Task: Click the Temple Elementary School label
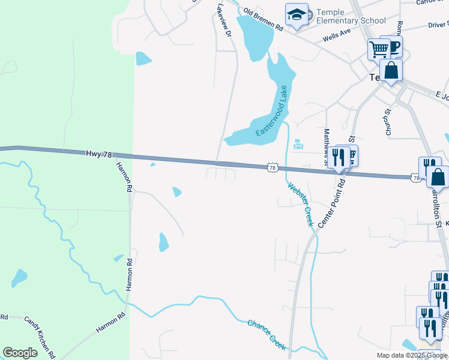click(x=351, y=16)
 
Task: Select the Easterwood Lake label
click(x=273, y=110)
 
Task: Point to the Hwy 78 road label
click(x=100, y=154)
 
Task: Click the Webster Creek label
click(x=301, y=204)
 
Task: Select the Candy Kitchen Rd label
click(x=40, y=337)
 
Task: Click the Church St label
click(x=388, y=121)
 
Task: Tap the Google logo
click(x=20, y=353)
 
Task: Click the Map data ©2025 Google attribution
click(x=412, y=355)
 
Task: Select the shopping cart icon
click(x=379, y=49)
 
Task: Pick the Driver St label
click(x=438, y=25)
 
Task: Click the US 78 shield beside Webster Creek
click(x=273, y=169)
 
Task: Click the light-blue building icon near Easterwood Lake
click(x=298, y=145)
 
